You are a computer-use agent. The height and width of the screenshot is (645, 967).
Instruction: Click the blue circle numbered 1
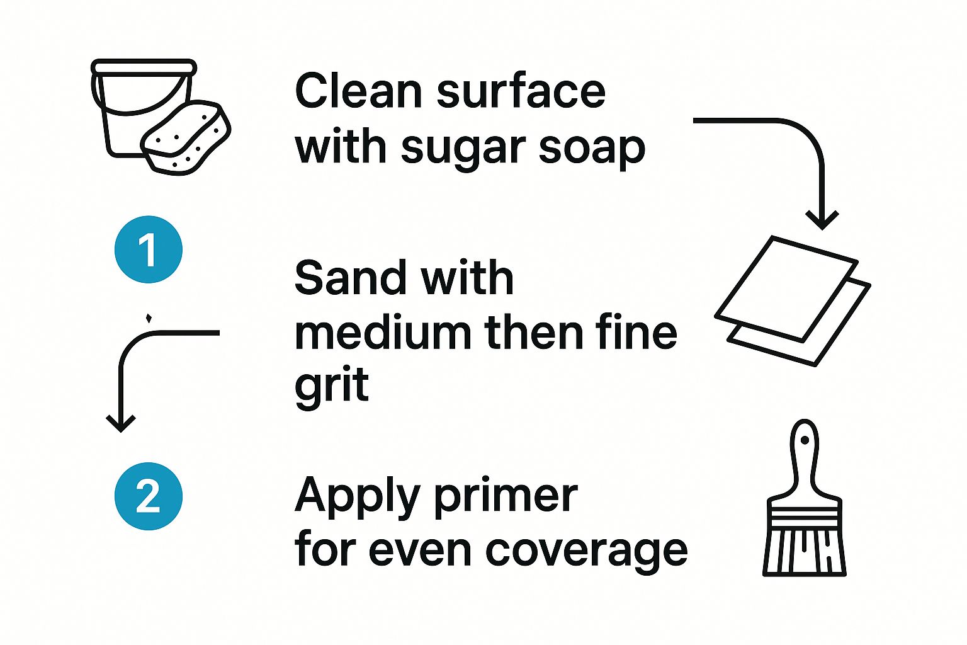[149, 249]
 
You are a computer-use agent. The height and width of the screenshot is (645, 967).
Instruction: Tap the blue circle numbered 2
[149, 496]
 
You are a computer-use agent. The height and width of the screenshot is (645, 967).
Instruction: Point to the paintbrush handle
[804, 460]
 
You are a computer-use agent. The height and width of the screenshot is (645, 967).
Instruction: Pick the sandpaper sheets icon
[793, 301]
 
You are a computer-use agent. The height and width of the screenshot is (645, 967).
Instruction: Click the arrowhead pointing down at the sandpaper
[822, 220]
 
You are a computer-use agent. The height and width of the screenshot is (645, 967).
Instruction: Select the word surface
[521, 91]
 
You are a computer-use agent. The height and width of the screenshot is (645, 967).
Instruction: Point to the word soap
[592, 149]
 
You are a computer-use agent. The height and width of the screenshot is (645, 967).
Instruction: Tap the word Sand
[341, 278]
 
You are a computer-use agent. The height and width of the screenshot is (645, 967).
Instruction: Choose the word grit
[331, 385]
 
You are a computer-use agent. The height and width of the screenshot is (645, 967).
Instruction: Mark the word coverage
[586, 552]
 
